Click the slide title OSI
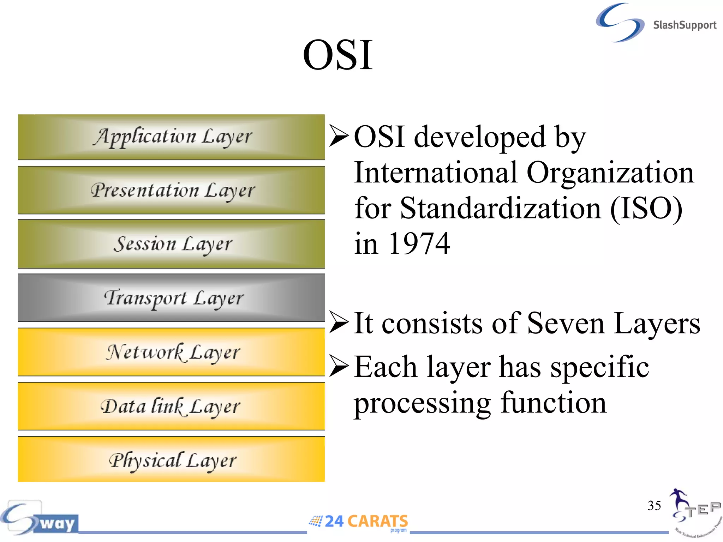click(337, 56)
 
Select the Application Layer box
click(171, 137)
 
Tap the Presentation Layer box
click(171, 190)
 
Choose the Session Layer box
click(171, 244)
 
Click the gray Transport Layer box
click(171, 298)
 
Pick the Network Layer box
click(171, 352)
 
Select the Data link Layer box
click(171, 406)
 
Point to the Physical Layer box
click(171, 460)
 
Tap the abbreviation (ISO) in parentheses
click(646, 208)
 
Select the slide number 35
click(654, 506)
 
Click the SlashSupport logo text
click(684, 25)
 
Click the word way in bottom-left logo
click(57, 523)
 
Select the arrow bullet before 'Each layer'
click(339, 366)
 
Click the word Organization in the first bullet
click(610, 173)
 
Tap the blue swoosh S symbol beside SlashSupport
click(620, 22)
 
